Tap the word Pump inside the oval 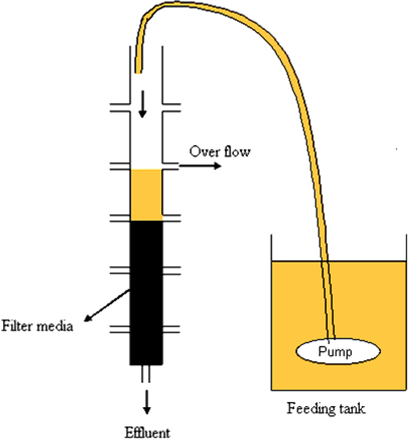[335, 352]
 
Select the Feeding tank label [326, 409]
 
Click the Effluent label [147, 433]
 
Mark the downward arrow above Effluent [147, 401]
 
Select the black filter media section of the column [146, 293]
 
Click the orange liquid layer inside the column [146, 195]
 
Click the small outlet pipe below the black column [146, 373]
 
